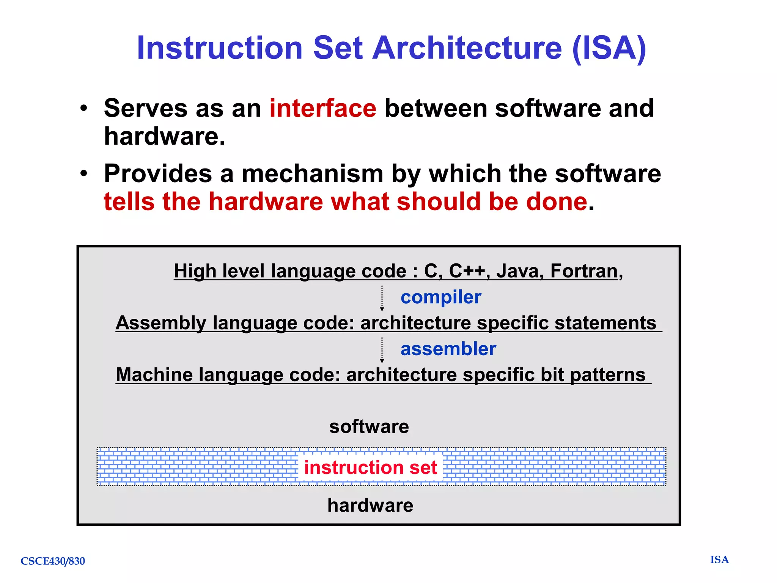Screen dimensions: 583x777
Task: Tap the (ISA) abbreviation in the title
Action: coord(609,48)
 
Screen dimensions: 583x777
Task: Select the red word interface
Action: coord(323,109)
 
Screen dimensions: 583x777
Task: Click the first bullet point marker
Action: coord(84,109)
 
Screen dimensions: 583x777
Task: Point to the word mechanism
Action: coord(313,174)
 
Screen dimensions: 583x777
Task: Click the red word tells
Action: coord(129,202)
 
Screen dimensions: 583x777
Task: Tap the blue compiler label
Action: coord(441,297)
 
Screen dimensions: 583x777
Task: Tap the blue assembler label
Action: coord(448,349)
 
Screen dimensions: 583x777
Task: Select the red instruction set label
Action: coord(370,467)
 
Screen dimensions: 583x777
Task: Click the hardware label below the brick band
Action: coord(370,506)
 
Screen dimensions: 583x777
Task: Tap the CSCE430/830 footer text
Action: coord(53,561)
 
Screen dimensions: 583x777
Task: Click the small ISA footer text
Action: coord(719,560)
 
